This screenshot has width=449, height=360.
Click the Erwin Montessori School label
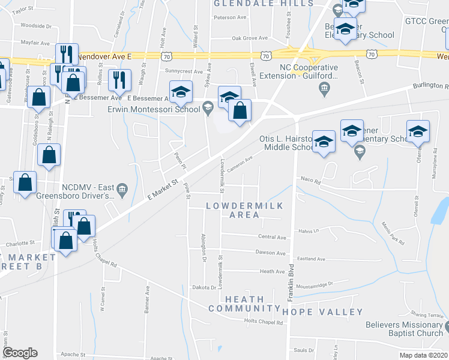pos(154,109)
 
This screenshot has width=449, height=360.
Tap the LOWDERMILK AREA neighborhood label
pos(244,210)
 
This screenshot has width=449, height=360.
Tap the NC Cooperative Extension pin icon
pos(324,89)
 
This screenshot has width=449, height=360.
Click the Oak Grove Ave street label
pos(249,38)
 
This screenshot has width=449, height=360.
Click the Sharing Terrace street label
pos(427,314)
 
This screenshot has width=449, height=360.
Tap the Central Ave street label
pos(273,238)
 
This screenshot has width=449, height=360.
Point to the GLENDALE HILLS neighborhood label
pos(264,4)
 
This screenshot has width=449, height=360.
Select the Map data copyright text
pos(424,355)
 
